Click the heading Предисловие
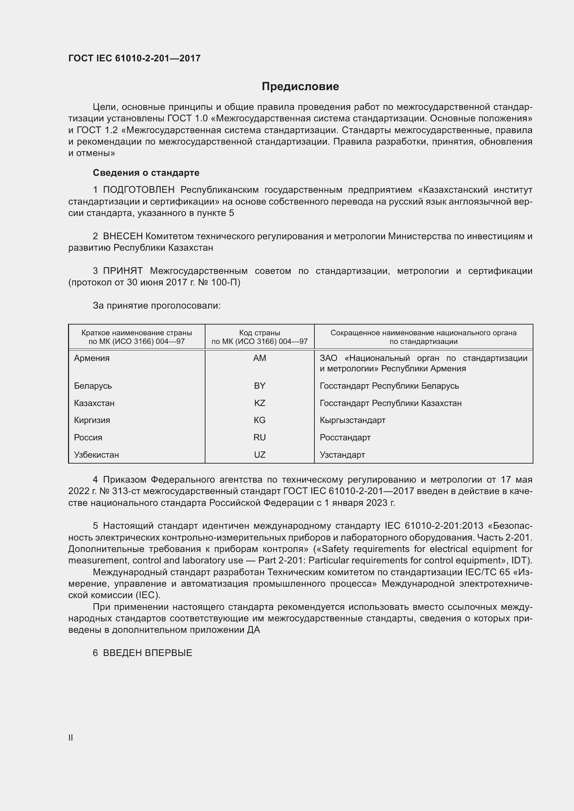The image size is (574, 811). coord(300,86)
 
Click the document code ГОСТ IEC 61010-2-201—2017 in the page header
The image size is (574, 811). coord(134,58)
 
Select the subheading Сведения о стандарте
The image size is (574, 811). coord(146,173)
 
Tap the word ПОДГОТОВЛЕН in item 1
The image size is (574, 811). coord(138,190)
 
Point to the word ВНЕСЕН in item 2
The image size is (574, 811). coord(123,236)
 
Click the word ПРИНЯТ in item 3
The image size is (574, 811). coord(123,271)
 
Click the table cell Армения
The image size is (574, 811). coord(92,358)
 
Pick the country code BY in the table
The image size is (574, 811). coord(260,386)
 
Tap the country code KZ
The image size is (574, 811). coord(260,403)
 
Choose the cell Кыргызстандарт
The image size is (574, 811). coord(352,420)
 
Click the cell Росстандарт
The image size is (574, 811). coord(345,437)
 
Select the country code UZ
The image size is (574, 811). coord(260,455)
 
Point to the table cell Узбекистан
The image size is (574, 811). coord(96,455)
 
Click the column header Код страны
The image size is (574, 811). coord(260,333)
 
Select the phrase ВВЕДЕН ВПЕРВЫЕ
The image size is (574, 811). coord(147,653)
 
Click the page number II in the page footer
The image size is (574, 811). coord(71,737)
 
